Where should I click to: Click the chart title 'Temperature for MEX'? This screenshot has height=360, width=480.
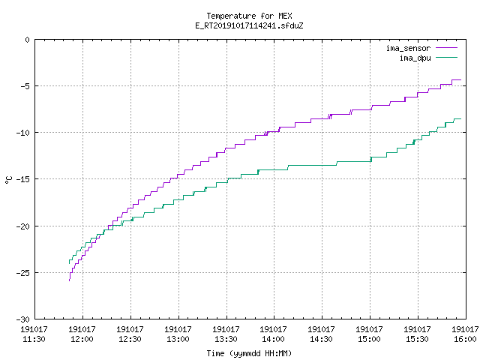pos(249,16)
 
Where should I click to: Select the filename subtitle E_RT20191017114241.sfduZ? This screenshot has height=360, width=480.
pos(249,25)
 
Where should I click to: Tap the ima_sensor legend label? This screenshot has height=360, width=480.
pos(408,48)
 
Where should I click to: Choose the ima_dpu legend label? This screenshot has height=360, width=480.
pos(415,58)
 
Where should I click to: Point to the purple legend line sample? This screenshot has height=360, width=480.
pos(446,48)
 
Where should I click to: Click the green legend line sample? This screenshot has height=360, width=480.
pos(446,57)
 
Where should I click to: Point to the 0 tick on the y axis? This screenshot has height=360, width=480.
pos(28,40)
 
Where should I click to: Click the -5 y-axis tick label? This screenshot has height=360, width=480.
pos(25,86)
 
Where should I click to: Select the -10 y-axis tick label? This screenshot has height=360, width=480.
pos(23,133)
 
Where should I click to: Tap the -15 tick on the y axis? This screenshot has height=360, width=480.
pos(23,179)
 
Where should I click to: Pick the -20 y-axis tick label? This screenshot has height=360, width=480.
pos(23,226)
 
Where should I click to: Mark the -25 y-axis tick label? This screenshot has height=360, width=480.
pos(23,273)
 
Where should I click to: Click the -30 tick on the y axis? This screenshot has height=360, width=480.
pos(23,319)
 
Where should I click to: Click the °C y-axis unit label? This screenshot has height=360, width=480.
pos(8,180)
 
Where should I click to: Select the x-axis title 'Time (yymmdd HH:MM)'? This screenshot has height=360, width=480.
pos(249,353)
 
